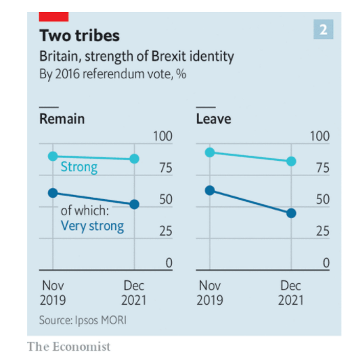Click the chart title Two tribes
[x=79, y=35]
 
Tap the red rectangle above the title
[x=53, y=15]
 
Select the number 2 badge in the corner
[x=323, y=29]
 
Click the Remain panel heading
[x=61, y=119]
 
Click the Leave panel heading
[x=214, y=119]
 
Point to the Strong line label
[x=79, y=168]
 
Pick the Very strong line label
[x=92, y=226]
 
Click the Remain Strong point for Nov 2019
[x=52, y=156]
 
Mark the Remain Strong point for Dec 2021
[x=135, y=159]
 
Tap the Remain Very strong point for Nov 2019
[x=52, y=193]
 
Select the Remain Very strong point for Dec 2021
[x=135, y=204]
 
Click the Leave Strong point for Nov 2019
[x=209, y=152]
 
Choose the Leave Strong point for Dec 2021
[x=291, y=161]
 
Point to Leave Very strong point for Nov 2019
[x=209, y=190]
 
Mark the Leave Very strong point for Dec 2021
[x=291, y=213]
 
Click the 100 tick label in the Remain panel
[x=163, y=136]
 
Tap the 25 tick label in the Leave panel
[x=322, y=231]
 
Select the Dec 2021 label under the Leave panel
[x=291, y=293]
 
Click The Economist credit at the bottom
[x=68, y=347]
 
